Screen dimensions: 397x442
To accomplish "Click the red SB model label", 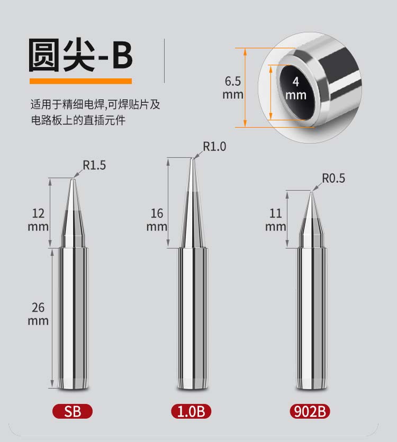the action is click(73, 411).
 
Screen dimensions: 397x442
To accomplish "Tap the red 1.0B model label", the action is click(191, 411).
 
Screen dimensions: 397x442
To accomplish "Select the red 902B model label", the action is click(310, 411).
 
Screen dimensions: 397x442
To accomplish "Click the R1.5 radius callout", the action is click(94, 165).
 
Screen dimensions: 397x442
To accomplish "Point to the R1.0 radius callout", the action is click(214, 146).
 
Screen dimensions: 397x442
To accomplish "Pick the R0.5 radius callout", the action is click(333, 178).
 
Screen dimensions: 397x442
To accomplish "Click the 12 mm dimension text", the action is click(38, 220).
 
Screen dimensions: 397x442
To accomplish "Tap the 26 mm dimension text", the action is click(38, 314).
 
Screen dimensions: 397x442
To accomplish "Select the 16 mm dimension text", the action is click(157, 220).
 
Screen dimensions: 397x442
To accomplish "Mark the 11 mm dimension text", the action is click(276, 220).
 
